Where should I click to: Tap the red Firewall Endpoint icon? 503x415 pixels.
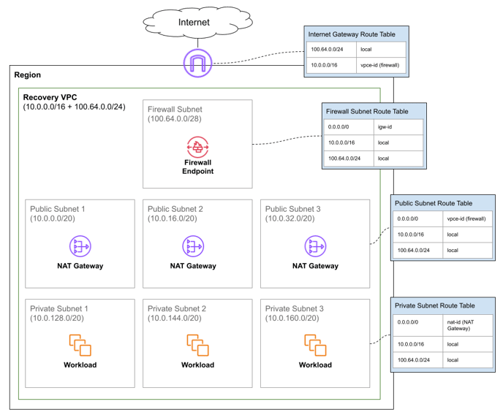[197, 148]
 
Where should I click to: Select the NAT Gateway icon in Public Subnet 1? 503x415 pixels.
[80, 246]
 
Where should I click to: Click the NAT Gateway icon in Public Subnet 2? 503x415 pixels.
[193, 246]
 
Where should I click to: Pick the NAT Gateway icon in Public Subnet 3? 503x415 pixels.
[315, 246]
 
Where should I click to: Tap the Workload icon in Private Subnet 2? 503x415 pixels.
[197, 345]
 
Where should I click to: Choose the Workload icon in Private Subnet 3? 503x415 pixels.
[315, 345]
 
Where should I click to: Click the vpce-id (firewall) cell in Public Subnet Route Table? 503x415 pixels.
[466, 218]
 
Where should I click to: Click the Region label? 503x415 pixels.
[28, 75]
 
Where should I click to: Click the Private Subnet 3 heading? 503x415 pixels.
[294, 309]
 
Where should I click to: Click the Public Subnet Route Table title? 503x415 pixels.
[433, 203]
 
